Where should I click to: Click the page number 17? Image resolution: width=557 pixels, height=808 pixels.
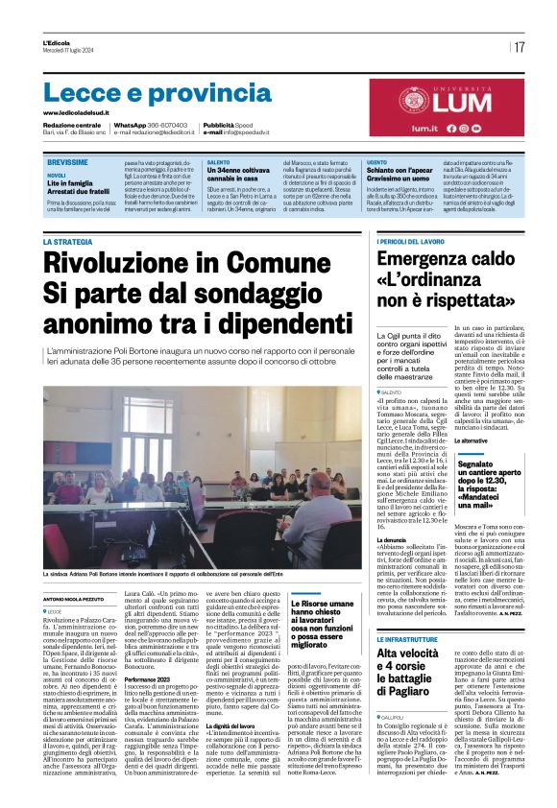point(519,47)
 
